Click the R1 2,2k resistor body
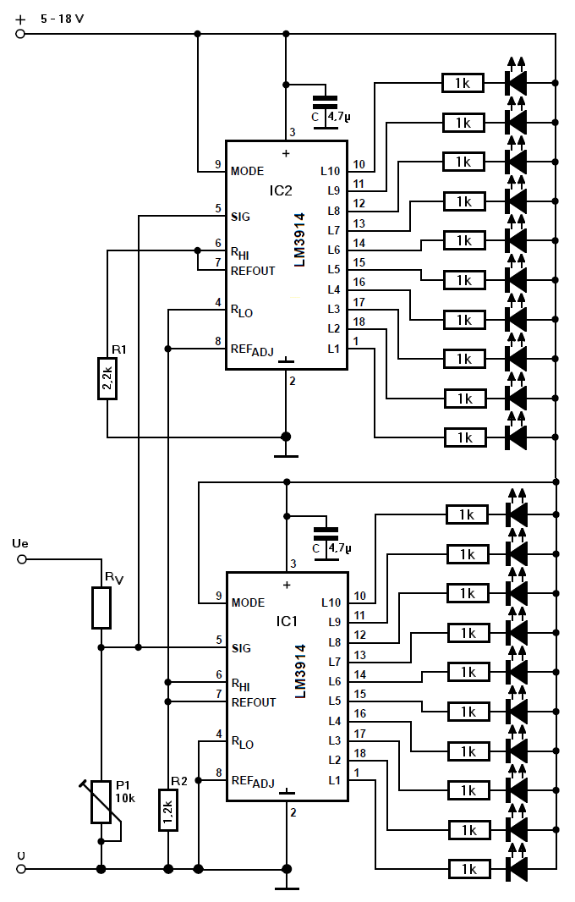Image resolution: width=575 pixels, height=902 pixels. tap(107, 378)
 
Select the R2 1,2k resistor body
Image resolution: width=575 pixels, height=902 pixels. tap(168, 810)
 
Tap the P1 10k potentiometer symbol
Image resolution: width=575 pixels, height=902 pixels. tap(101, 802)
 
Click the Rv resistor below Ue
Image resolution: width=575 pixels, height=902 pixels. tap(101, 608)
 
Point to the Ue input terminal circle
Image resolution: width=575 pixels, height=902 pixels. tap(22, 559)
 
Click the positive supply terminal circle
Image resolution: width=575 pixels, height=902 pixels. tap(20, 34)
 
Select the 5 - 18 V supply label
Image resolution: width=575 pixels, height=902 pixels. tap(62, 19)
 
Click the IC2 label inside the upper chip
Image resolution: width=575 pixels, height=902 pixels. tap(281, 190)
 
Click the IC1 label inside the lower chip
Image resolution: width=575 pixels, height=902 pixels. tap(287, 621)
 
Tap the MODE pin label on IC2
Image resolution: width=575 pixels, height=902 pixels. tap(247, 172)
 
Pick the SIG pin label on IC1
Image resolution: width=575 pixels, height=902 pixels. tap(242, 648)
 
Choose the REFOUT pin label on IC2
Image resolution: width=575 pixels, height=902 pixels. tap(253, 271)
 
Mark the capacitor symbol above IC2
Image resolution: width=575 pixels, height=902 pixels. tap(325, 107)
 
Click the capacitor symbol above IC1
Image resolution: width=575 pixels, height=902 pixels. tap(326, 538)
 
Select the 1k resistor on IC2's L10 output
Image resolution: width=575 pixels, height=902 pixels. tap(463, 84)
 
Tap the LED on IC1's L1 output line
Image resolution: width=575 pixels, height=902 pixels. tap(517, 865)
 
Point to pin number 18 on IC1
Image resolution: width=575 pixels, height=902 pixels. tap(360, 754)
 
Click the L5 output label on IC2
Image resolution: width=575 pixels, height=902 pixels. tap(334, 269)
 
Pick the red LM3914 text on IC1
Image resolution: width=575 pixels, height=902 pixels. tap(299, 671)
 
